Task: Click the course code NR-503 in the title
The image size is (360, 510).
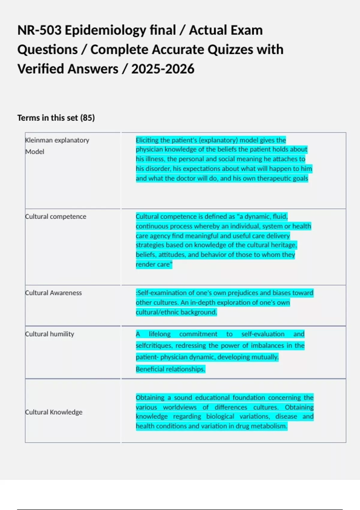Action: [39, 30]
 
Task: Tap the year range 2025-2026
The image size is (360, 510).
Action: [163, 69]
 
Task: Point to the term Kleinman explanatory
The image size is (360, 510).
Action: [57, 140]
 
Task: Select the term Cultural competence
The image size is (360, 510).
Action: [56, 217]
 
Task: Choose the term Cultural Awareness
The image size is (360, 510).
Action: [53, 293]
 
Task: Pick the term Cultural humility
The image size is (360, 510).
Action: [49, 334]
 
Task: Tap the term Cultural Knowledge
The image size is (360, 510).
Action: [54, 412]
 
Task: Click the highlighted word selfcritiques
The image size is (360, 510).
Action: [154, 346]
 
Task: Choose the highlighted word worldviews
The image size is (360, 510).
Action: [180, 407]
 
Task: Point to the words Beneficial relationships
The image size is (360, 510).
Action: [170, 369]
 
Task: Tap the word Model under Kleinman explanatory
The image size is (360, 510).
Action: [35, 152]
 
